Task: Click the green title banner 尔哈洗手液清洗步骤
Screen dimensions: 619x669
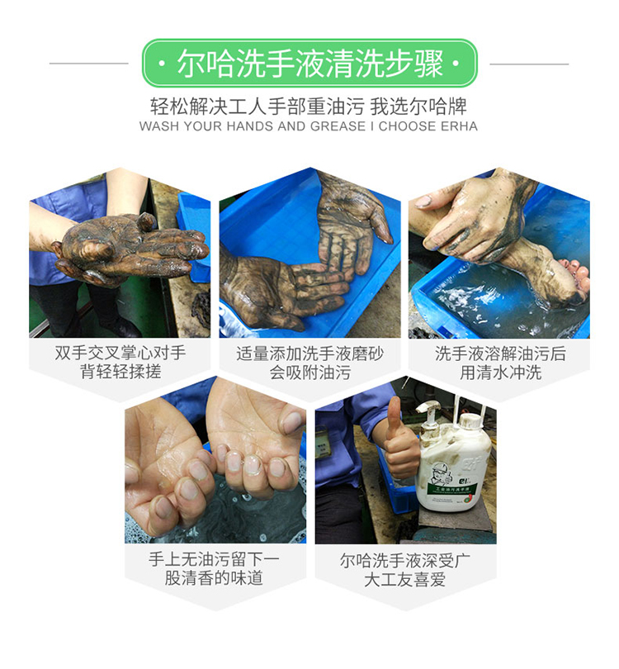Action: pyautogui.click(x=309, y=63)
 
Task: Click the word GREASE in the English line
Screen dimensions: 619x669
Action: pyautogui.click(x=338, y=126)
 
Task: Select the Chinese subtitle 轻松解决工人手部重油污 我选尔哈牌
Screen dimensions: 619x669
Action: pyautogui.click(x=308, y=107)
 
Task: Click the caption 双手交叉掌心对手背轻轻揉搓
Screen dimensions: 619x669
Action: pyautogui.click(x=120, y=363)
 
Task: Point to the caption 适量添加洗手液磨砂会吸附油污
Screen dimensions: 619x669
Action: pyautogui.click(x=310, y=363)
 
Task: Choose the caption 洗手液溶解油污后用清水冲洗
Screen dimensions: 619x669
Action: pyautogui.click(x=500, y=363)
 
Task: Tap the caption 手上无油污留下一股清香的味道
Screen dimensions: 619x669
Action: pyautogui.click(x=214, y=568)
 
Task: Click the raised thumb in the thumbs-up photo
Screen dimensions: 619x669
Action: pyautogui.click(x=394, y=416)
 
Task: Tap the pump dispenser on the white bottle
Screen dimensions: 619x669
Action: pyautogui.click(x=430, y=414)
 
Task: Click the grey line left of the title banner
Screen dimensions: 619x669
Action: pyautogui.click(x=88, y=64)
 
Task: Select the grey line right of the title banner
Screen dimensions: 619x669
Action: pyautogui.click(x=529, y=64)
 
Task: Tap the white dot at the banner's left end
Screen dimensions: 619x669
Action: pyautogui.click(x=161, y=64)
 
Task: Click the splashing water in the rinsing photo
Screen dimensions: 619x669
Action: pyautogui.click(x=469, y=299)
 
